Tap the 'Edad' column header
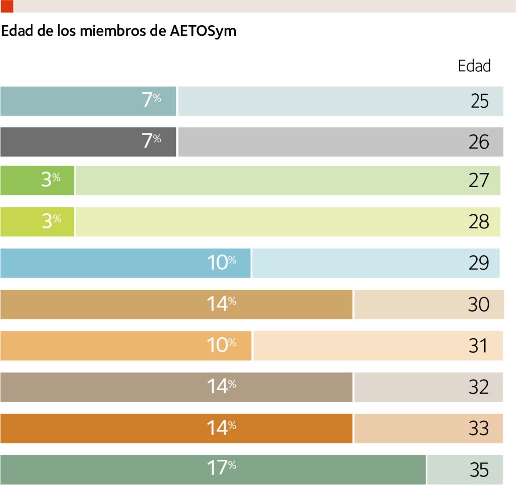(x=474, y=66)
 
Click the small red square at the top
(x=7, y=6)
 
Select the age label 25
(x=480, y=101)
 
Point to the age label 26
(x=479, y=142)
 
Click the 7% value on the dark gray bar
(x=151, y=140)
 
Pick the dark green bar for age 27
(x=37, y=180)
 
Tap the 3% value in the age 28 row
(x=51, y=221)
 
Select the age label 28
(x=479, y=222)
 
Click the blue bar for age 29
(x=125, y=263)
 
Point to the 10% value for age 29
(x=222, y=263)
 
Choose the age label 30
(x=479, y=304)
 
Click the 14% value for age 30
(x=222, y=303)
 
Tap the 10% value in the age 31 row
(x=222, y=345)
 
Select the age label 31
(x=478, y=346)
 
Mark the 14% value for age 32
(x=222, y=386)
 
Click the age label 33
(x=479, y=429)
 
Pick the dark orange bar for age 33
(x=176, y=429)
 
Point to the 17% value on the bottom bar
(x=222, y=467)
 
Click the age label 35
(x=479, y=470)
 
